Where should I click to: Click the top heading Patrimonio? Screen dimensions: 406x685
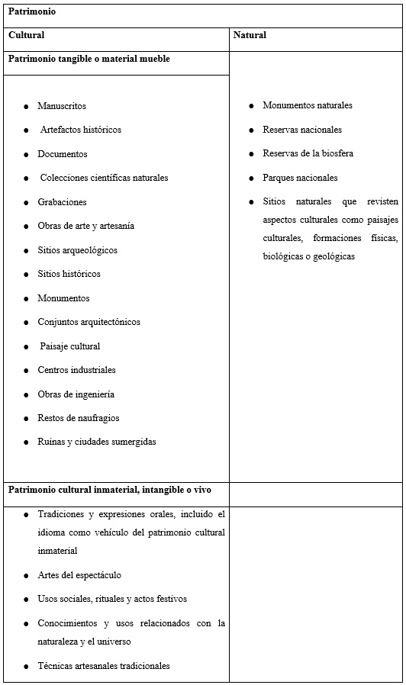(32, 12)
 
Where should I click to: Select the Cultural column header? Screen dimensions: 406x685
(27, 35)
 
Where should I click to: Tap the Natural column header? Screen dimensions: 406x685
(250, 35)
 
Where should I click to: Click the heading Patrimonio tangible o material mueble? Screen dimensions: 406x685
(89, 59)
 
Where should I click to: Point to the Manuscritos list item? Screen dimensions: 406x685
(62, 106)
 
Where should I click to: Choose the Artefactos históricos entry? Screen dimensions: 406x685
(80, 130)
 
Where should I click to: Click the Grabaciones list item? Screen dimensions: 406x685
(62, 202)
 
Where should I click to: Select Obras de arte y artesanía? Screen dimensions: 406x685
(86, 226)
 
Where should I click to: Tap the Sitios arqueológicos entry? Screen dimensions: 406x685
(77, 250)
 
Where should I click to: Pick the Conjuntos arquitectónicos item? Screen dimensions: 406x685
(89, 322)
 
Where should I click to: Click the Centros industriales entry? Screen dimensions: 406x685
(76, 370)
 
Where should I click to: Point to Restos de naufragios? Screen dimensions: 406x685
(79, 418)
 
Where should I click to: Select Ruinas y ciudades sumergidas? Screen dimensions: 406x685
(97, 442)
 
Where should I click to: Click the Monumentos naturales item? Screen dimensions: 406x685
(308, 105)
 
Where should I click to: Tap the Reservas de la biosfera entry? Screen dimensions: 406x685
(308, 153)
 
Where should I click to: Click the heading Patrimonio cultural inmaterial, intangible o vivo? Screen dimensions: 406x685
(109, 489)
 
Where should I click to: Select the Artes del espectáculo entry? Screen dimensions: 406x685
(79, 575)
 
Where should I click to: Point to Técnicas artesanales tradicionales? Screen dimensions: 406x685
(104, 666)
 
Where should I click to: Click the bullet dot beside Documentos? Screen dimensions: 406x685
(27, 154)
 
